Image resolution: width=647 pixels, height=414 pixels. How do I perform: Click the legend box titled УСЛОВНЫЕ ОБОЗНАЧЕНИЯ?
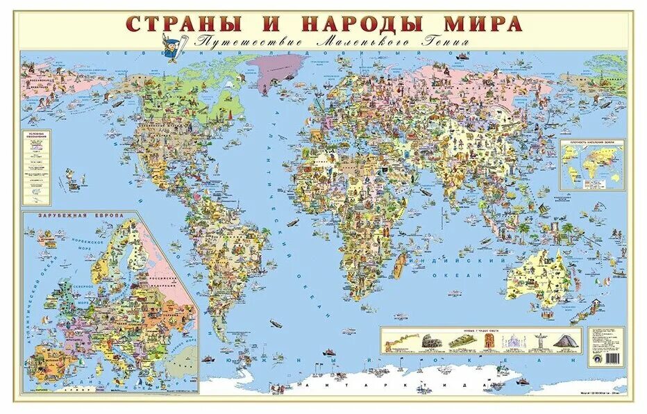[37, 167]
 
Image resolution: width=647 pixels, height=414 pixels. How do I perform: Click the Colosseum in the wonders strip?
[430, 341]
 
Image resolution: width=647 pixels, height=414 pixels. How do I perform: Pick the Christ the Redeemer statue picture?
[538, 340]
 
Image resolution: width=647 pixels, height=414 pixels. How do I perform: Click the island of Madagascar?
[401, 267]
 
